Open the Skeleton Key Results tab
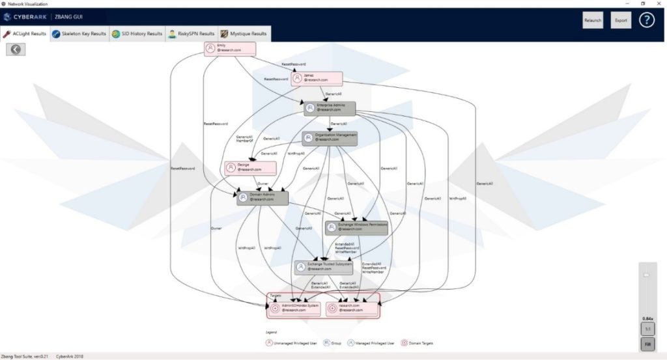coord(79,34)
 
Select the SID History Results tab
coord(137,34)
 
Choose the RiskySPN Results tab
coord(192,34)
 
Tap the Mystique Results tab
coord(244,34)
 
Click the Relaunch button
coord(593,20)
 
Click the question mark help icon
coord(646,20)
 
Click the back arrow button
coord(16,49)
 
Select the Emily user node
coord(229,49)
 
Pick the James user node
coord(317,77)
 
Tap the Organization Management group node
coord(331,137)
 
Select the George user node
coord(249,168)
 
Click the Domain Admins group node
coord(263,198)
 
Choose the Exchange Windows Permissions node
coord(356,227)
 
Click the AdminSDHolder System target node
coord(296,308)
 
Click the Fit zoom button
coord(647,344)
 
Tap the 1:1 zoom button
coord(647,329)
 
